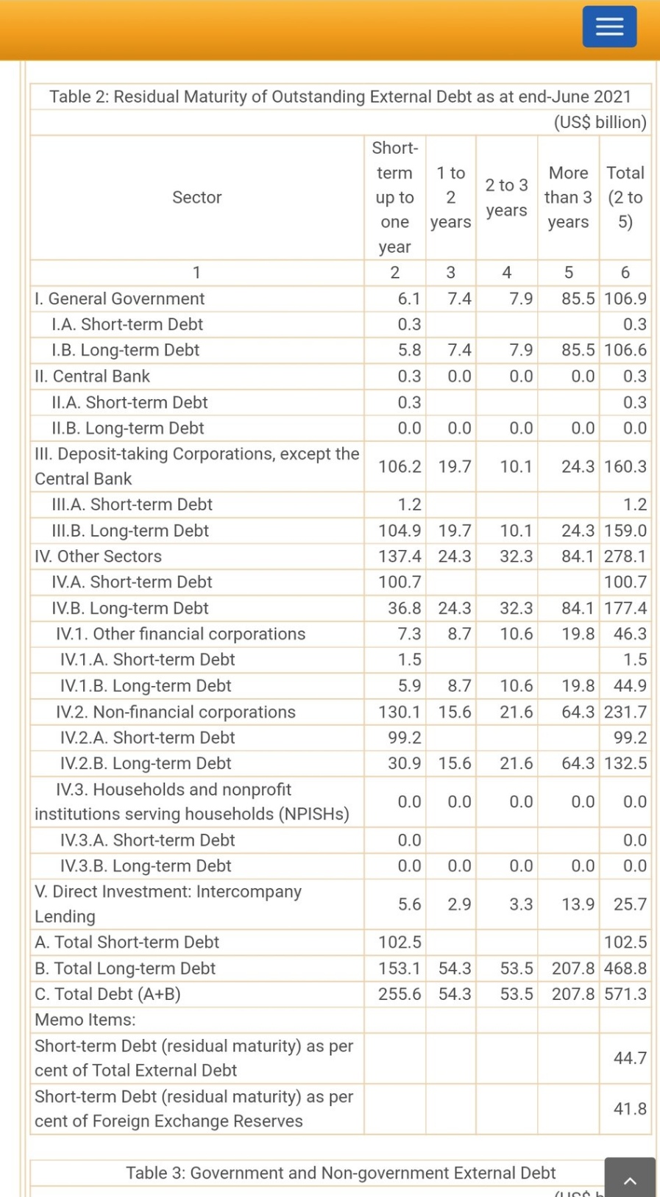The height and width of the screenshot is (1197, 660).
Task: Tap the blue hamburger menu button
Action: [x=609, y=26]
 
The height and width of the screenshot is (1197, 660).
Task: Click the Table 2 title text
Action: [x=340, y=97]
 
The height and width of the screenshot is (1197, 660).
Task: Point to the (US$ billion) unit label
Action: [x=600, y=122]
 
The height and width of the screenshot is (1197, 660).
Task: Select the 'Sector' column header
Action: [x=197, y=197]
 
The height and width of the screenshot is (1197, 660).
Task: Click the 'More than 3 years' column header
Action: [x=568, y=197]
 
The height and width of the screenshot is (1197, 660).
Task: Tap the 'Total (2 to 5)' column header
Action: [x=625, y=197]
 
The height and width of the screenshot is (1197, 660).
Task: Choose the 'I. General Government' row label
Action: [x=120, y=299]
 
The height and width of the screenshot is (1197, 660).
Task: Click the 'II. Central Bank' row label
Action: [x=93, y=376]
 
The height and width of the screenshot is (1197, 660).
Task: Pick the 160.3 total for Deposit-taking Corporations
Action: [x=625, y=466]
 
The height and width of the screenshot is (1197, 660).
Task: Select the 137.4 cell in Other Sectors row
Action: [x=400, y=557]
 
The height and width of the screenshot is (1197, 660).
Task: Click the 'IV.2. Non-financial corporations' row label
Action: [x=175, y=712]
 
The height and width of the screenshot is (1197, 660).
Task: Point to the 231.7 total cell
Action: [x=625, y=712]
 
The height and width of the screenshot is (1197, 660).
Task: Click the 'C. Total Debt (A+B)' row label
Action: [x=107, y=994]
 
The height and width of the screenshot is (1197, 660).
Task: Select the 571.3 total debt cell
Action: [x=625, y=994]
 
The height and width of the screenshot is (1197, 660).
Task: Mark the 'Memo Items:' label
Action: [x=85, y=1020]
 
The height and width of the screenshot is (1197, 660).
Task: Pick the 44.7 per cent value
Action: [x=630, y=1058]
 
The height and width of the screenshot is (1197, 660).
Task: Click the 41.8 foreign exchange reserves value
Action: [x=630, y=1109]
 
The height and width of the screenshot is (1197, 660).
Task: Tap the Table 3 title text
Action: [x=341, y=1173]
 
